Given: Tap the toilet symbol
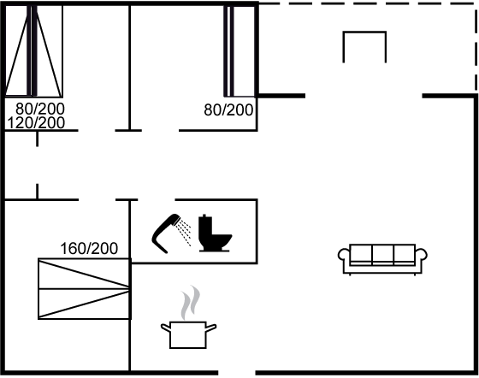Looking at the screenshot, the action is [x=214, y=233].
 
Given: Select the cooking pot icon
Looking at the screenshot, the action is [x=188, y=335].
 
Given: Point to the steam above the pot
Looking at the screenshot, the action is [x=190, y=303].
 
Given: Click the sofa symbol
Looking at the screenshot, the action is [x=382, y=259].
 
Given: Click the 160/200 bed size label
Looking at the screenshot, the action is [x=89, y=249].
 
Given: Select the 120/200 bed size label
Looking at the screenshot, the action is [x=36, y=123].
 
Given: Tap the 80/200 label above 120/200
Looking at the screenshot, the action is [x=40, y=109].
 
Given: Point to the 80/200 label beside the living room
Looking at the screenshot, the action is [x=228, y=110].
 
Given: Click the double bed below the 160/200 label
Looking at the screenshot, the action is [x=85, y=289].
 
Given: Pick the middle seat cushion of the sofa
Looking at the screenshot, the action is [x=383, y=254].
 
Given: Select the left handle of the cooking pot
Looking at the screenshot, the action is [x=166, y=328].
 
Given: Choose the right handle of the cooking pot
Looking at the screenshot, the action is [x=211, y=328].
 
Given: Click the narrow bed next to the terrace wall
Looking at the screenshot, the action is [x=239, y=50].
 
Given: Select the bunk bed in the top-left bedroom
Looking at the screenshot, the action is [x=34, y=50].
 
